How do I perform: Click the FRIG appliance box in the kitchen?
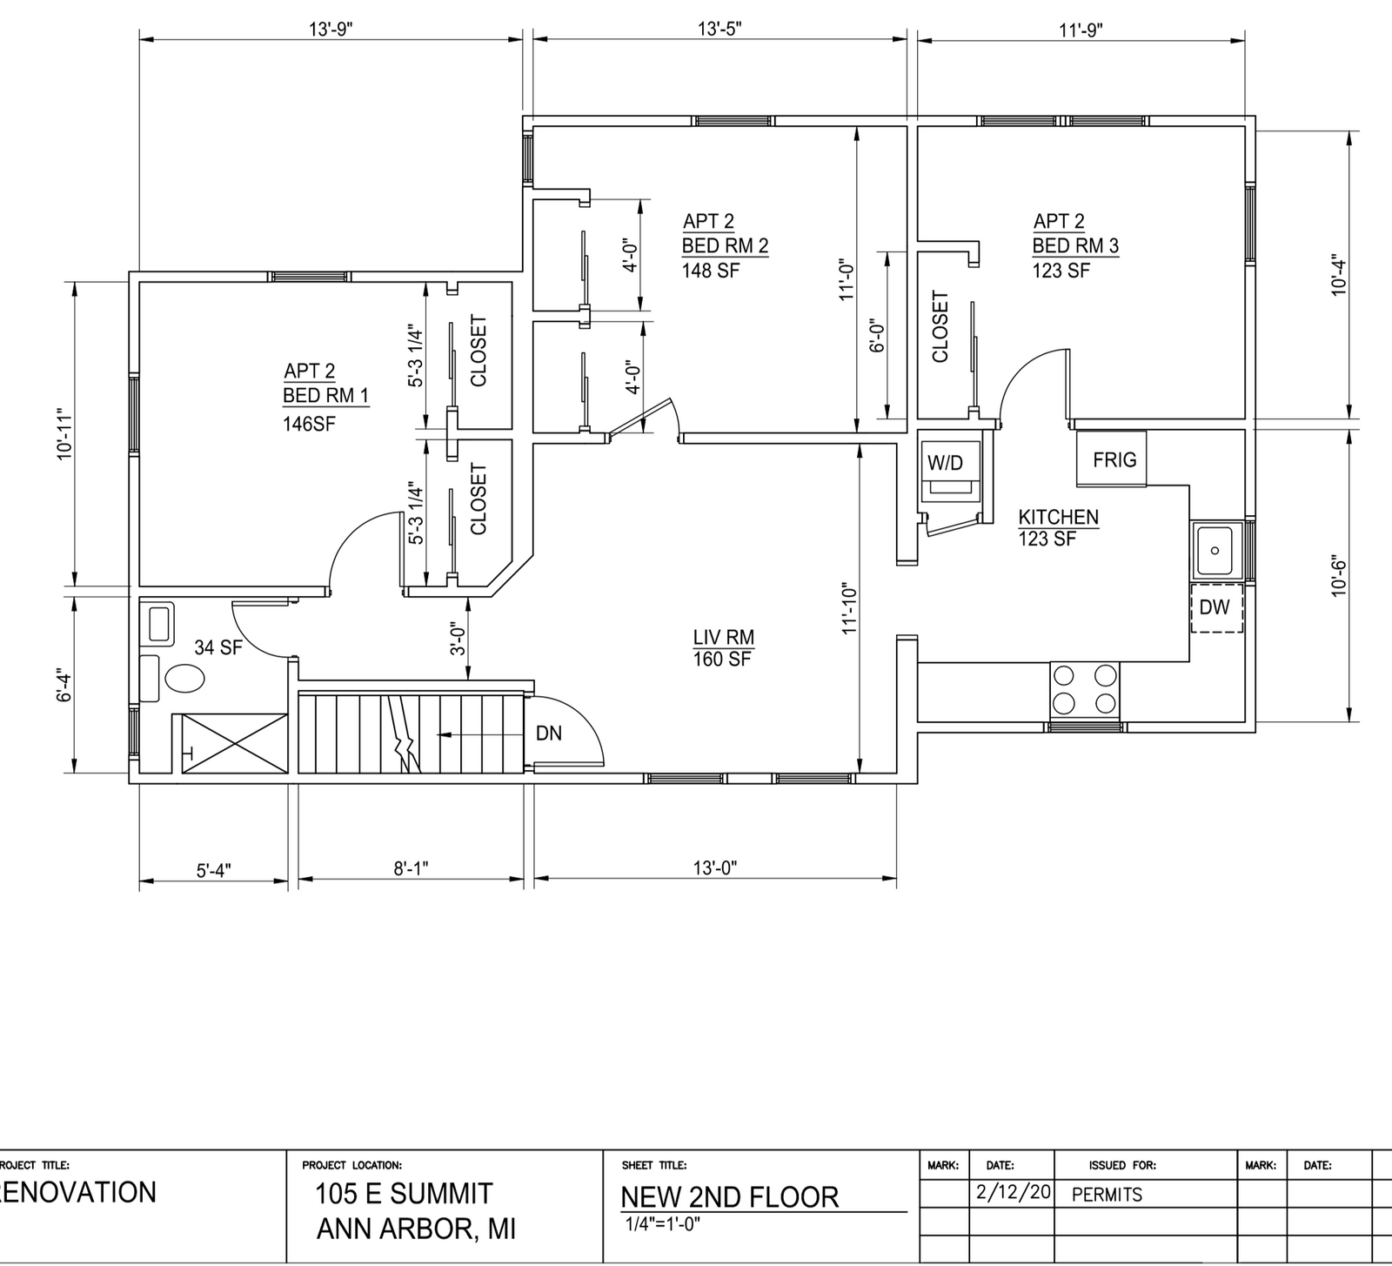tap(1112, 459)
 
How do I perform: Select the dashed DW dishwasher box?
tap(1216, 607)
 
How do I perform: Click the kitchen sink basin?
tap(1216, 551)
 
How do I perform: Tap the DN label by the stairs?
tap(549, 733)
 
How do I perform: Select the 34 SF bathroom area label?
tap(217, 647)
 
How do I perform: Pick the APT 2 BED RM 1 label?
tap(325, 384)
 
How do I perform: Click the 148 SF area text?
tap(711, 270)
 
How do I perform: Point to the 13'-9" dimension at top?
tap(331, 29)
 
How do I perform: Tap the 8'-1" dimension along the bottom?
tap(412, 868)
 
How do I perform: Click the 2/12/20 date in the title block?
tap(1012, 1192)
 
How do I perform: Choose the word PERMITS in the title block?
tap(1107, 1195)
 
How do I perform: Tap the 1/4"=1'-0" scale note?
tap(663, 1223)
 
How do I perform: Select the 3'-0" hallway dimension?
tap(458, 643)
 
